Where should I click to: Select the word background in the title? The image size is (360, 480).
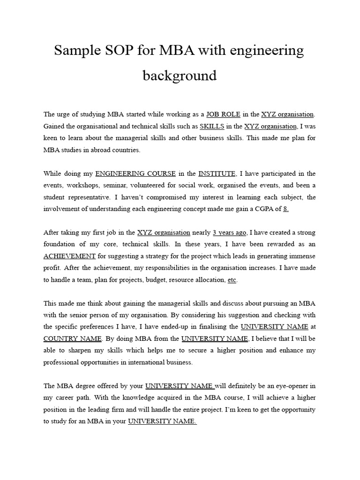coord(180,75)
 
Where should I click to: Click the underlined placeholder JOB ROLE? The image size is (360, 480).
coord(224,114)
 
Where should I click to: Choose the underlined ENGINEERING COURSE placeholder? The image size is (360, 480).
coord(136,173)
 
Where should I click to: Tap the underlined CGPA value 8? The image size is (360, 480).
coord(286,209)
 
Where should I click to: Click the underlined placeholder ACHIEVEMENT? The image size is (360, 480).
coord(69,256)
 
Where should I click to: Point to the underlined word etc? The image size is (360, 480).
coord(232,280)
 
